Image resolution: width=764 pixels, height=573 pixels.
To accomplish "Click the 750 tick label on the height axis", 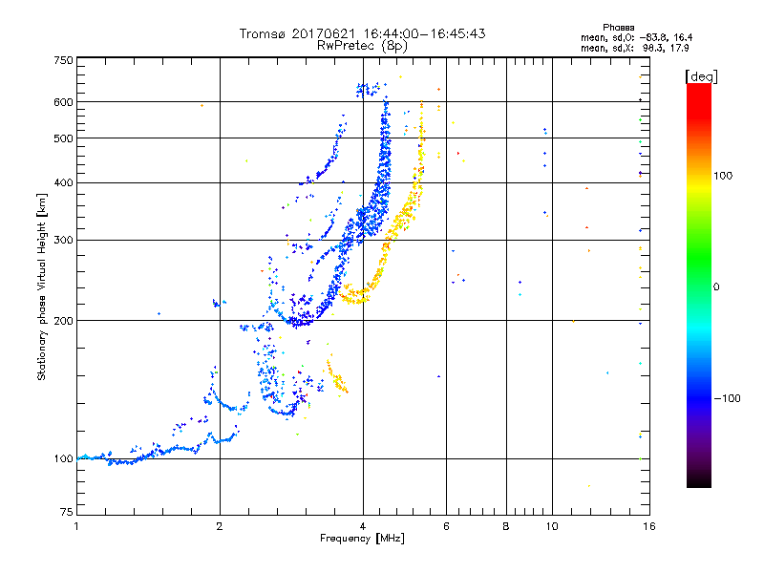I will [x=64, y=60].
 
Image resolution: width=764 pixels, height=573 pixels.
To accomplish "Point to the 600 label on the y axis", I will [x=64, y=102].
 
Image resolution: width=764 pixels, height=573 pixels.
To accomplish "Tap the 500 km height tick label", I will [x=64, y=138].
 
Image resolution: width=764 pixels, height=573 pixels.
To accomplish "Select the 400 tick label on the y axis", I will [x=64, y=182].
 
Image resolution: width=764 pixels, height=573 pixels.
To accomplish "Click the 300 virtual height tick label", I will [x=64, y=240].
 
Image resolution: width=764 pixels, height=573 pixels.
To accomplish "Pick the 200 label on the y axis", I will [x=64, y=321].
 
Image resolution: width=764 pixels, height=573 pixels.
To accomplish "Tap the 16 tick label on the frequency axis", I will [x=647, y=526].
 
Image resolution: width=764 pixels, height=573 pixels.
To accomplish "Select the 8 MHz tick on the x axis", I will [x=506, y=526].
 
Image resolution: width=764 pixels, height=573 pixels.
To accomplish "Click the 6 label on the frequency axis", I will [x=446, y=526].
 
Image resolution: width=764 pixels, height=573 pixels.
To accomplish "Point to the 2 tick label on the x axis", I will [x=220, y=526].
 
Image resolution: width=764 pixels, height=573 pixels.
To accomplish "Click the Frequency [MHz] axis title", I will [x=362, y=540].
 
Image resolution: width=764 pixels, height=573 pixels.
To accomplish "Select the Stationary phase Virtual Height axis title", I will [x=42, y=286].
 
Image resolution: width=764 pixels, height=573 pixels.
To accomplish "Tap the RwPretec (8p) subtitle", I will [x=362, y=45].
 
